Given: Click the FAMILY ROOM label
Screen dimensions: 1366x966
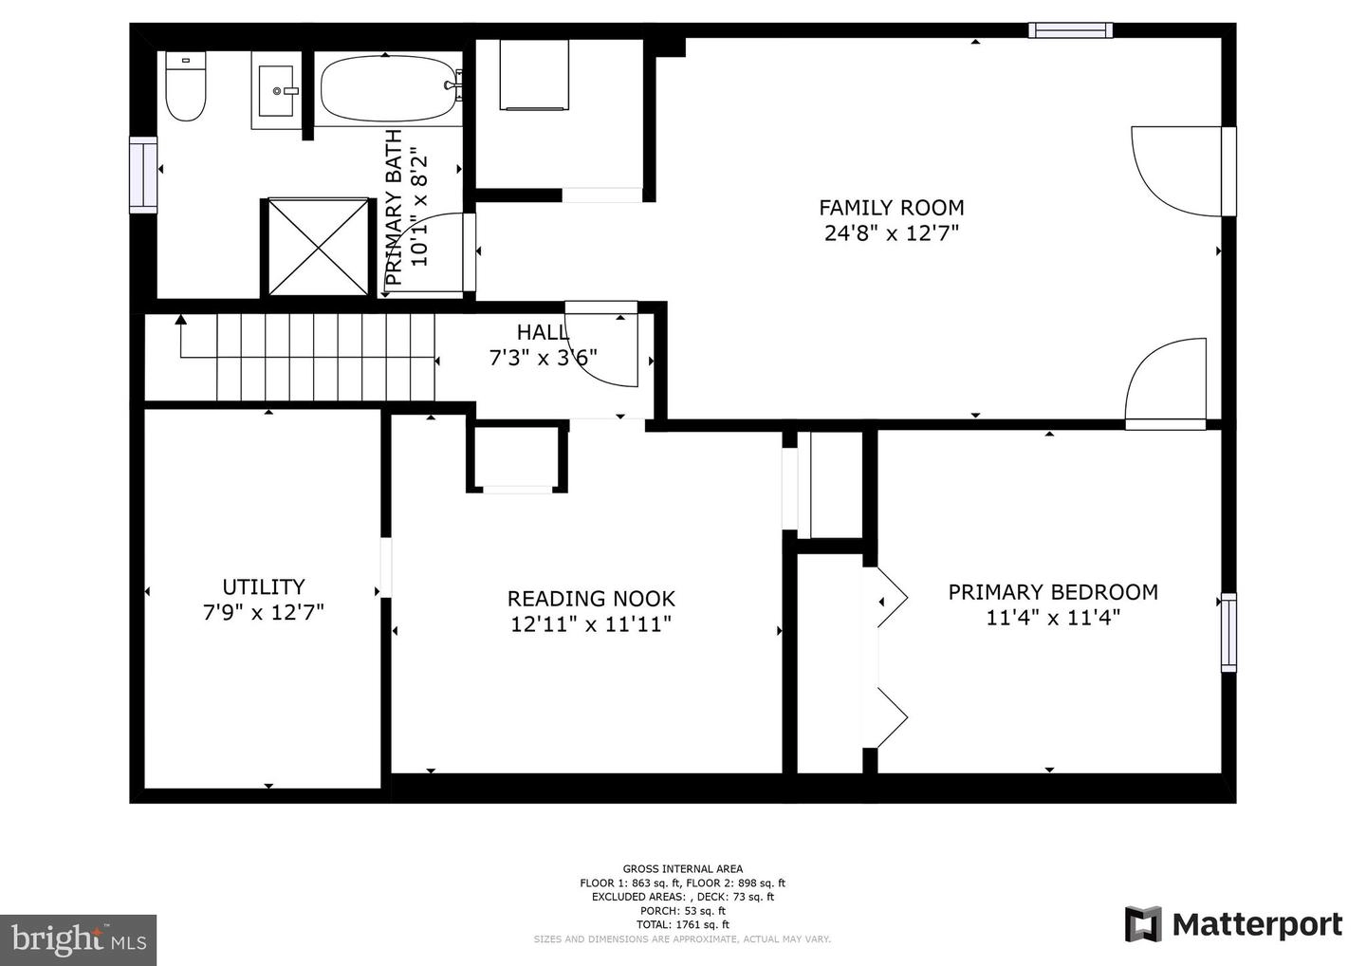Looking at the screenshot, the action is pos(891,208).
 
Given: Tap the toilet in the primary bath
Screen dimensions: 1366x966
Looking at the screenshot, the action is pos(186,86).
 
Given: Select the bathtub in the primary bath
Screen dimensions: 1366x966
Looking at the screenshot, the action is pos(390,89).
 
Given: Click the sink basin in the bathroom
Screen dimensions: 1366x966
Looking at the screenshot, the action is pos(276,90).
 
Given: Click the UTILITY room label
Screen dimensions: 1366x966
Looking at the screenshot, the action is pos(264,586).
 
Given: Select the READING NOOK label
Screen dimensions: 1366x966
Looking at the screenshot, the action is pos(591,599).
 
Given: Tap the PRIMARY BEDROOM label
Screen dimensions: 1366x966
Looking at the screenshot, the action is pos(1053,592).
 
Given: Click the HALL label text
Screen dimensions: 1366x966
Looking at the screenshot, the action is pos(543,332).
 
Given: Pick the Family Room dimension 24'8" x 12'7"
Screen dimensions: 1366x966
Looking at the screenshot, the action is pos(892,233).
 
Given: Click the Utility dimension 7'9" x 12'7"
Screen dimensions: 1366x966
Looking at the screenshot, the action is pos(264,612).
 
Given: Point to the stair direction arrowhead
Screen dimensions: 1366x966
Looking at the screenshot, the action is pos(180,319).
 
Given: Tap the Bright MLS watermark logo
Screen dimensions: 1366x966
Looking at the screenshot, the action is pos(78,939).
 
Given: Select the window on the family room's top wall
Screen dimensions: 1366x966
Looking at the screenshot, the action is pos(1070,29).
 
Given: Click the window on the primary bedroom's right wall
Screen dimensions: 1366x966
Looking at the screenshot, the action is pos(1228,632).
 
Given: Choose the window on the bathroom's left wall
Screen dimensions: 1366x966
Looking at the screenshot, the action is pos(143,175).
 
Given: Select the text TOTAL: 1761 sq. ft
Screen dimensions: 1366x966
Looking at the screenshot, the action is pos(682,924).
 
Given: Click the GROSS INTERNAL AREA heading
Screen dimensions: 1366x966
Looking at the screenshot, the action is pos(682,869).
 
